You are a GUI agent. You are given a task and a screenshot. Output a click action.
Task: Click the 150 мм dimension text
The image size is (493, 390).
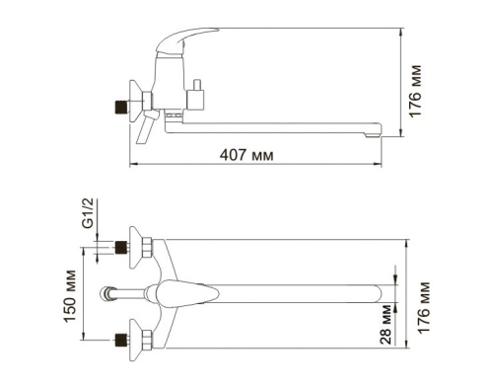[x=68, y=293]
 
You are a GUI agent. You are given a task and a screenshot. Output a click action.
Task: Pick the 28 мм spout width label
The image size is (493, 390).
[x=386, y=327]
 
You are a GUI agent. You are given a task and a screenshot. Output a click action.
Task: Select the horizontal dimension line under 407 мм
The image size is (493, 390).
[x=266, y=165]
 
